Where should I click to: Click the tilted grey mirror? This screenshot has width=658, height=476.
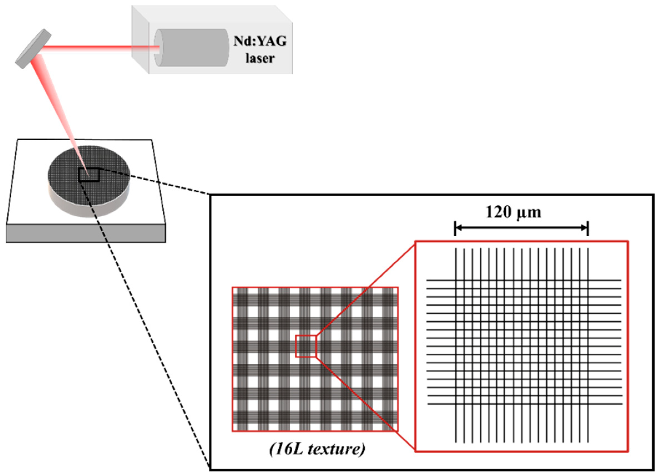(x=33, y=49)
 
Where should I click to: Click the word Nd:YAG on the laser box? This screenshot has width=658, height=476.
(x=260, y=41)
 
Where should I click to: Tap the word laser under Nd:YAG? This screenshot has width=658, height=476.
(x=260, y=58)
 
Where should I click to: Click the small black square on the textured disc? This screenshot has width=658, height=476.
(x=89, y=175)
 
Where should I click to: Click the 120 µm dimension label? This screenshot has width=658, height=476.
(x=513, y=212)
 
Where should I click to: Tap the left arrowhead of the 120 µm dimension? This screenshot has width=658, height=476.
(x=458, y=228)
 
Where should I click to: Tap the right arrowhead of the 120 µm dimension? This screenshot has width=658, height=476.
(x=585, y=228)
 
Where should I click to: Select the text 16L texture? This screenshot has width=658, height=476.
(x=317, y=449)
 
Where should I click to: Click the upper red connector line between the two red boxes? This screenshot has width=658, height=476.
(x=365, y=289)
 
